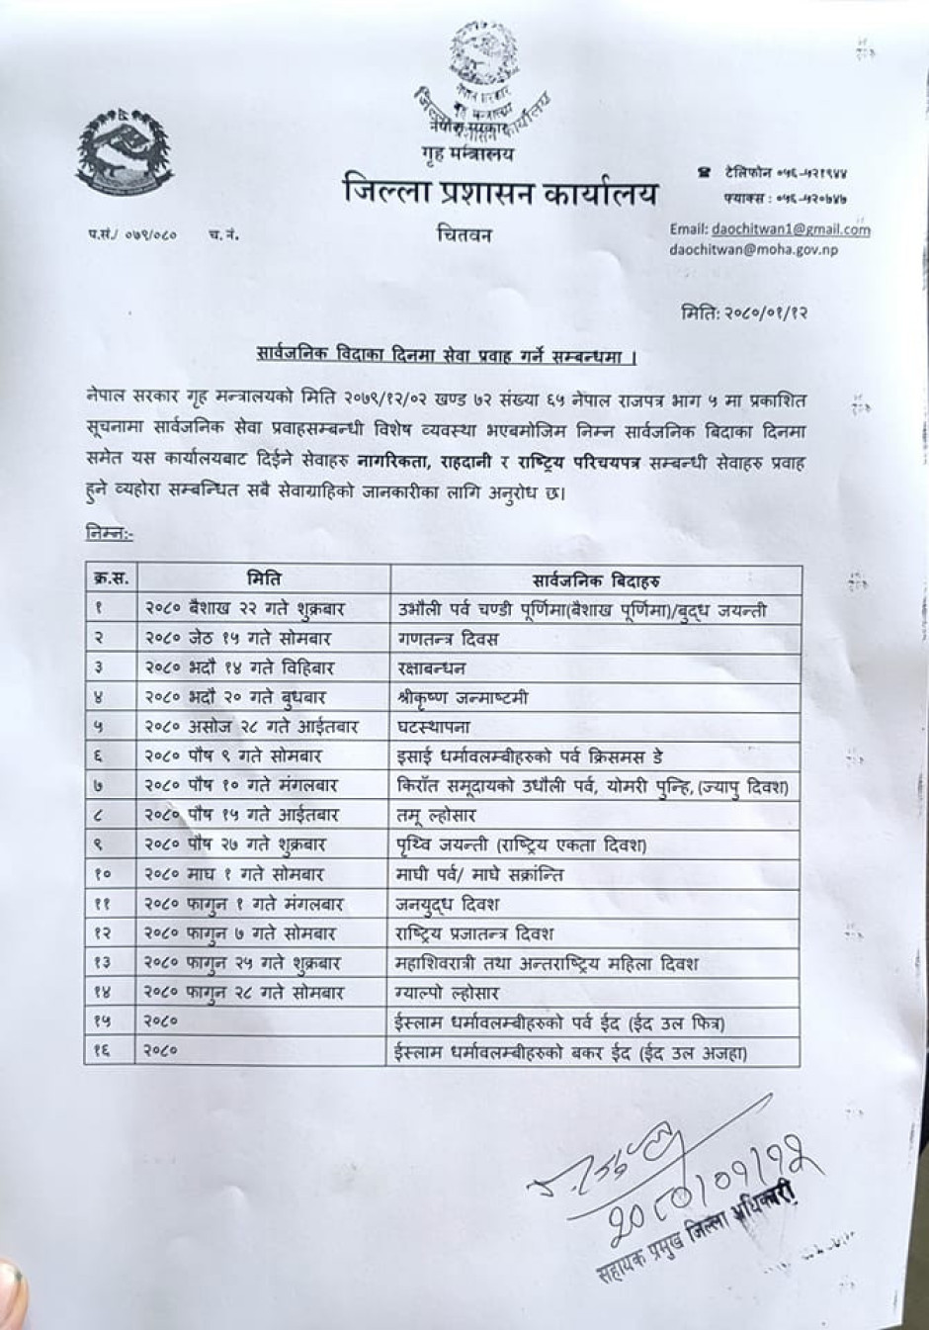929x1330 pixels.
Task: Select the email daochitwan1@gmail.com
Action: coord(770,229)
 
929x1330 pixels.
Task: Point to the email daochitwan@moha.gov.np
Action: coord(753,250)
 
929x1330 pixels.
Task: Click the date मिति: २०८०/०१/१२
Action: coord(746,315)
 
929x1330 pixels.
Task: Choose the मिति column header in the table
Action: coord(263,579)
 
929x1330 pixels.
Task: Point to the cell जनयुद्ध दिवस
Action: coord(448,904)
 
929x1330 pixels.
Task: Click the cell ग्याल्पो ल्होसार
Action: coord(447,993)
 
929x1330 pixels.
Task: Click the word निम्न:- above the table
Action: coord(110,534)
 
